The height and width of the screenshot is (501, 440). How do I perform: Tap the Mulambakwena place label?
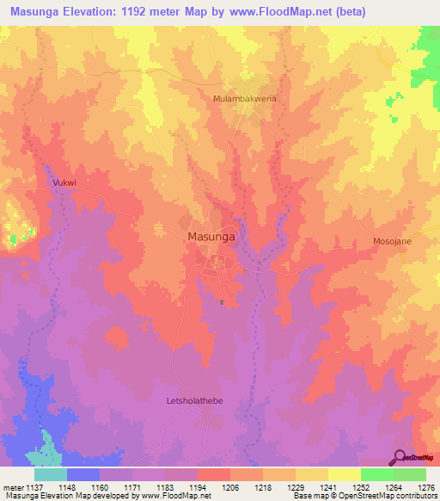[245, 99]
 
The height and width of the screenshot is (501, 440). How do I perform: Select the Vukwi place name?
[64, 183]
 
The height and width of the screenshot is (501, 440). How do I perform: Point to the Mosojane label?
[392, 241]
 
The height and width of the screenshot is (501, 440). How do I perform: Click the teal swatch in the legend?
[51, 474]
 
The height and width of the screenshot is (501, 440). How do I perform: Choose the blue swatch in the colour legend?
[83, 474]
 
